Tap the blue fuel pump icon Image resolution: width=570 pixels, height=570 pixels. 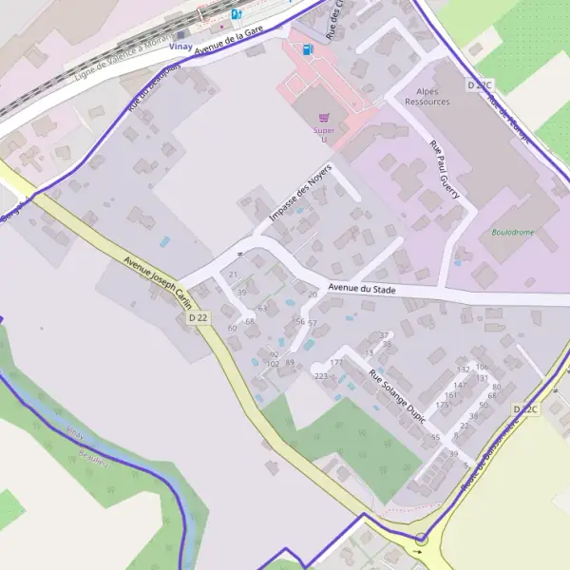tap(307, 48)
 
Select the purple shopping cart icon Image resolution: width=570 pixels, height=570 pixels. tap(325, 118)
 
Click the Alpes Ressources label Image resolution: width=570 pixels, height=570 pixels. tap(427, 96)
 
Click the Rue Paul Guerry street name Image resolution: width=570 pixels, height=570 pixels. tap(445, 170)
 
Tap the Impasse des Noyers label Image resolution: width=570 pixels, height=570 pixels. tap(303, 201)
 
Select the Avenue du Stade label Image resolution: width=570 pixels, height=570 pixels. tap(361, 289)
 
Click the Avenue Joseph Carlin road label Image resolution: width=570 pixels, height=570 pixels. tap(157, 284)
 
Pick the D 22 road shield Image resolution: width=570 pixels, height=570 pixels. tap(198, 317)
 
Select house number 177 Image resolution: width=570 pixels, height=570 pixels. tap(335, 363)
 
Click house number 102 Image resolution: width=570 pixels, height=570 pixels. tap(273, 364)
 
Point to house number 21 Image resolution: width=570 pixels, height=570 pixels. tap(234, 275)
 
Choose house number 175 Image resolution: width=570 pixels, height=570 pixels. tap(441, 405)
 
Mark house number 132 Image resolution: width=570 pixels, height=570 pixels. tap(464, 369)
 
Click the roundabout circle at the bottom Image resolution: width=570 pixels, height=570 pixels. tap(421, 540)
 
